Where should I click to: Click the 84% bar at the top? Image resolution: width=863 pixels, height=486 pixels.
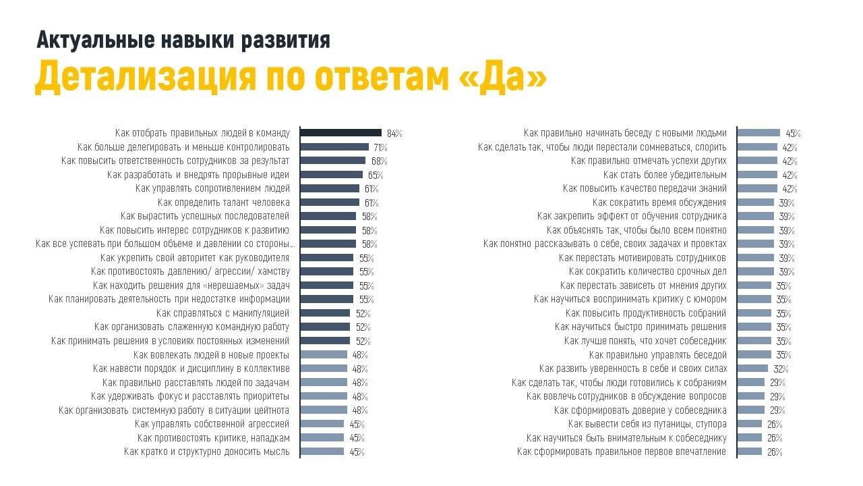click(340, 133)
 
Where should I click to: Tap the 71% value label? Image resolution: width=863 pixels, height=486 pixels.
click(380, 147)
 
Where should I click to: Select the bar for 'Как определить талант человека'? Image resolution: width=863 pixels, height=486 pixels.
click(330, 202)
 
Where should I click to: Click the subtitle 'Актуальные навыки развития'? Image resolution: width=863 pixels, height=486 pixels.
click(183, 40)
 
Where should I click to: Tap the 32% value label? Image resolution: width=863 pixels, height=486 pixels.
click(781, 369)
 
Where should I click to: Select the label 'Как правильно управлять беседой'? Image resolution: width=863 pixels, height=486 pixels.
click(657, 355)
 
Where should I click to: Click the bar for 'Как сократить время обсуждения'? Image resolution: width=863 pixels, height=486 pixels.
click(756, 202)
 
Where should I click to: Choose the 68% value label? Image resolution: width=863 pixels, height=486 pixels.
click(379, 161)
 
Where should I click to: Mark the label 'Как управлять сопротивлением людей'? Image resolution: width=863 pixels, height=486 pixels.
click(212, 188)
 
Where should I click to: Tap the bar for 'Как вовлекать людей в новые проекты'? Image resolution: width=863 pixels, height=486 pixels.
click(324, 355)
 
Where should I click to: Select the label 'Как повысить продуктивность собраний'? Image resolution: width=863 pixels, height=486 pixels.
click(645, 313)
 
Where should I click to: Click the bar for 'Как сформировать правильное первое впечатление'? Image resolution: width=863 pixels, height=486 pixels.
click(750, 452)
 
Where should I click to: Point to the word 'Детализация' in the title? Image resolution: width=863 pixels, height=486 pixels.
click(146, 76)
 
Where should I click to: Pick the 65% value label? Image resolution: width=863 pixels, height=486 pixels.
click(376, 175)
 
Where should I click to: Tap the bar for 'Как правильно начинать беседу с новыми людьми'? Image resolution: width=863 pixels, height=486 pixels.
click(758, 133)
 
